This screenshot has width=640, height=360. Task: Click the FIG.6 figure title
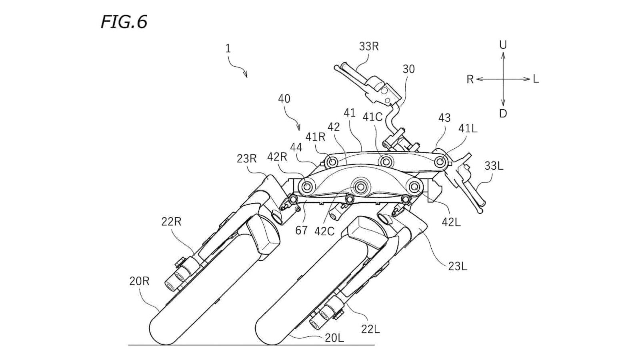(124, 22)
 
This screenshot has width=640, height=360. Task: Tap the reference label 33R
(368, 46)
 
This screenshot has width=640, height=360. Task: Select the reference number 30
(408, 69)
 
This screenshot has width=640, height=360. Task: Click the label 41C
(372, 117)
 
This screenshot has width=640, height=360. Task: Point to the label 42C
(324, 231)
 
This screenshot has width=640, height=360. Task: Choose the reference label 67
(301, 230)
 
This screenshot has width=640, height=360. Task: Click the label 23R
(246, 159)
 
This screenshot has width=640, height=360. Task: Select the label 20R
(139, 281)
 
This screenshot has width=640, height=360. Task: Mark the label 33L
(494, 166)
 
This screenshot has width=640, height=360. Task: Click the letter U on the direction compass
(503, 45)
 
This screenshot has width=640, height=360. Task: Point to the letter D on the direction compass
(503, 114)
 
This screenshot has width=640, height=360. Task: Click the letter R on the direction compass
(470, 80)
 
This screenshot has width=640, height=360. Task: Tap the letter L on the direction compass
(536, 79)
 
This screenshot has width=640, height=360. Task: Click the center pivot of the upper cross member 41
(386, 162)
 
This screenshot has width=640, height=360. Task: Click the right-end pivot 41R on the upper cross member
(332, 162)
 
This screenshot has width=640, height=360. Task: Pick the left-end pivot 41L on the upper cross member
(440, 162)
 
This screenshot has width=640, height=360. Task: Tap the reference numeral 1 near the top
(228, 49)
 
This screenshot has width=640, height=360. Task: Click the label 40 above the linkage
(284, 99)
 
